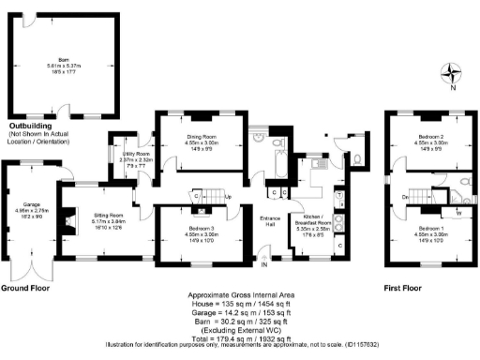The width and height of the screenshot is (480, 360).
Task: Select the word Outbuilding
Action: tap(36, 125)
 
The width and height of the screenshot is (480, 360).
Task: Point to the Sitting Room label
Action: tap(108, 218)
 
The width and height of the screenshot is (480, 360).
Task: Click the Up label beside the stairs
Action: tap(229, 197)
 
